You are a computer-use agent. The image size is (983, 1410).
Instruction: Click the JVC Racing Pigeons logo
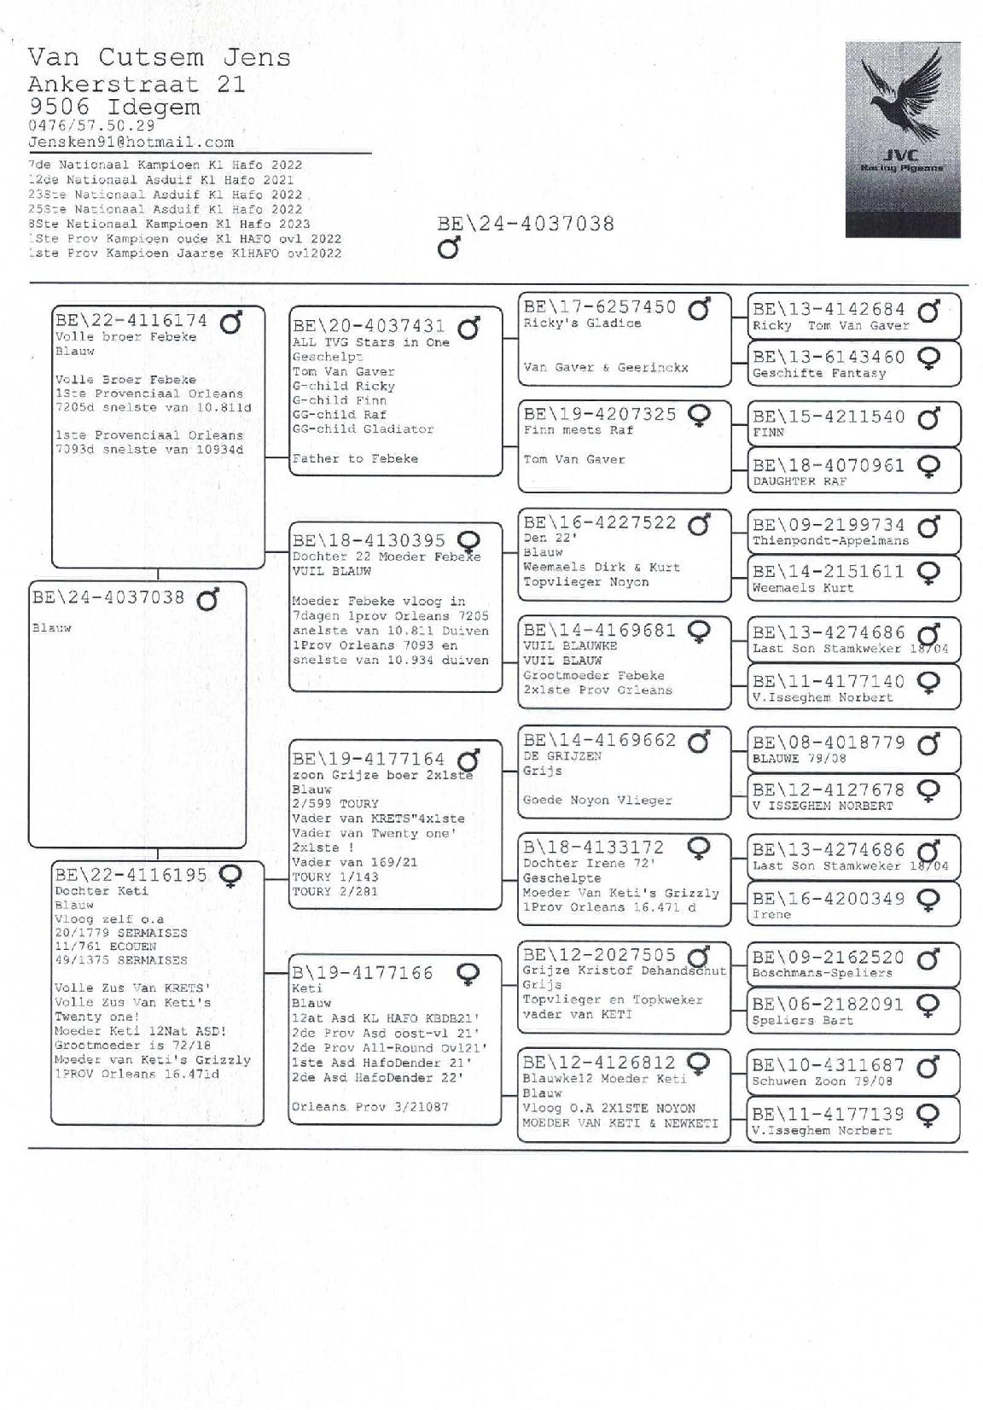902,140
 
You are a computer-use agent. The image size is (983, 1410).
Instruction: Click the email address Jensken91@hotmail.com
131,143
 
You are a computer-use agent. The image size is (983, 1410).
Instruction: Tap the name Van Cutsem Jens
159,58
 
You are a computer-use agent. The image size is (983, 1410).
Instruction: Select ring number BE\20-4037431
369,326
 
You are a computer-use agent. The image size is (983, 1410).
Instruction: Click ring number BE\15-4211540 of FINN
828,417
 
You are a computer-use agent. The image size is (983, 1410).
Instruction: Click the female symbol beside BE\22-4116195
230,875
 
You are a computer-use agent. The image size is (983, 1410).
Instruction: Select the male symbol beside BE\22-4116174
230,323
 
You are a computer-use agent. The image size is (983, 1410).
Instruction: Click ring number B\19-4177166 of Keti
363,973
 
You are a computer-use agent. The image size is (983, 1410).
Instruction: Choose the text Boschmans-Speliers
821,973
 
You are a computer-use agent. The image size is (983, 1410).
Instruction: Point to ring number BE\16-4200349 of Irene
828,899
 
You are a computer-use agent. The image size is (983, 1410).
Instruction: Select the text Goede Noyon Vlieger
597,801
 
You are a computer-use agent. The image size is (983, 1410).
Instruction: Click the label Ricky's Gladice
582,323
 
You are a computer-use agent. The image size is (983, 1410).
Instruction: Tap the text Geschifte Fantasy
818,373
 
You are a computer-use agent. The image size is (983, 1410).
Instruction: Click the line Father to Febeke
355,459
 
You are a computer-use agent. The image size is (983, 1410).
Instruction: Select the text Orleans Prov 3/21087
369,1107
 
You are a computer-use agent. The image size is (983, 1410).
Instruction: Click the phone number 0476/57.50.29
91,125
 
